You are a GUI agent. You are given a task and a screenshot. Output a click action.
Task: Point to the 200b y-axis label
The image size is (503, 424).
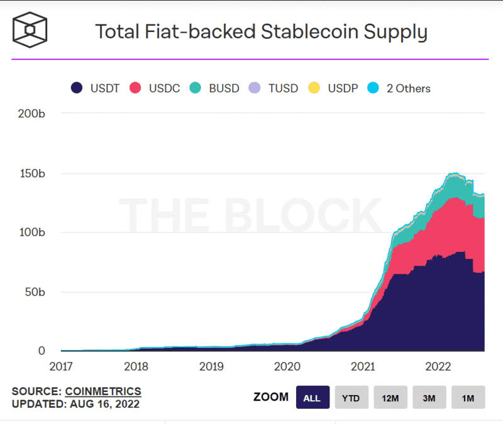32,114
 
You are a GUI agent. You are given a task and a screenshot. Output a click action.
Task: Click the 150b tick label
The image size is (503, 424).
32,173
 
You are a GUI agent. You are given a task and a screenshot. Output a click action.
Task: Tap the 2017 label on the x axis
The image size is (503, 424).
62,366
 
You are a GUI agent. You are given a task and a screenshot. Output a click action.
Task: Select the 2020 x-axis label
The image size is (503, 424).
287,366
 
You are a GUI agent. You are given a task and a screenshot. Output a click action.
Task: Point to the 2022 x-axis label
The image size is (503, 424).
437,366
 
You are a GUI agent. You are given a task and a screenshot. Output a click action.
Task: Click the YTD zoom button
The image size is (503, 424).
351,398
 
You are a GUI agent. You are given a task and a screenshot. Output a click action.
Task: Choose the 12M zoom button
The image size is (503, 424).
390,398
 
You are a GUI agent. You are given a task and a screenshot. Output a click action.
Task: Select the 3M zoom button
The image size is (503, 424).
429,398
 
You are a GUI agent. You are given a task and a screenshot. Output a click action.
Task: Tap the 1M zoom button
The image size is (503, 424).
468,398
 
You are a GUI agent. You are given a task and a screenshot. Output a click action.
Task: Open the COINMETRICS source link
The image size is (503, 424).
102,391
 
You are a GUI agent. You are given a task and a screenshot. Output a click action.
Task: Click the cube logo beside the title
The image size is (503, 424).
30,30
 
